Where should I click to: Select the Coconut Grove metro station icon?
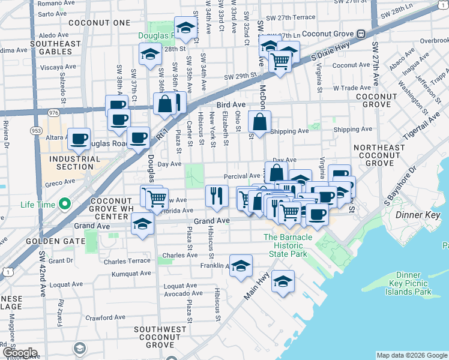pos(361,34)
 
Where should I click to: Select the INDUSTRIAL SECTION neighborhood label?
pos(76,163)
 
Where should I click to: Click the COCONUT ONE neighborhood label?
pos(100,23)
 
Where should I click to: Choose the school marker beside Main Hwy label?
pos(283,281)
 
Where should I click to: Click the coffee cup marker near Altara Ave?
pos(79,139)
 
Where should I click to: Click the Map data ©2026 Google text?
pos(411,355)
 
